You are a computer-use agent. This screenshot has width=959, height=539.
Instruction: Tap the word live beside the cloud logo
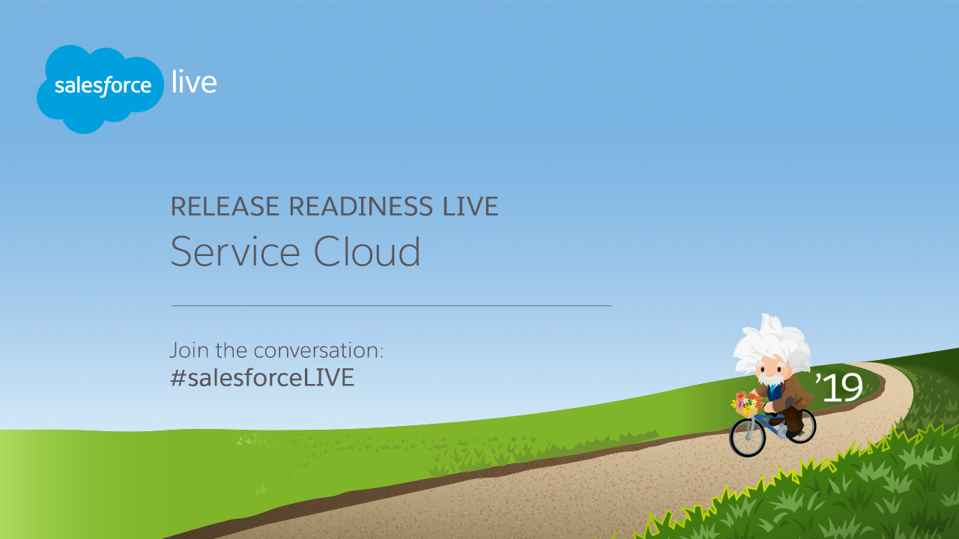coord(194,82)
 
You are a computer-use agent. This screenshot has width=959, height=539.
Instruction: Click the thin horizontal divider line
coord(392,306)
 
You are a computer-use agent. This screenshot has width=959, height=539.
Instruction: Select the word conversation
coord(318,350)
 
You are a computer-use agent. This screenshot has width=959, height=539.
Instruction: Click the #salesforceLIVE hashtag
coord(262,377)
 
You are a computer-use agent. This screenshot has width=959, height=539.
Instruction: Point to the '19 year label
coord(838,387)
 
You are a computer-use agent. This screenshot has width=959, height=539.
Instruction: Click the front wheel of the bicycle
coord(748,437)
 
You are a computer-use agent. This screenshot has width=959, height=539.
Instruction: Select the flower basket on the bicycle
coord(745,405)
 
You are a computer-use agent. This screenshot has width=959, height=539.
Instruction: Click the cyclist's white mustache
coord(771,379)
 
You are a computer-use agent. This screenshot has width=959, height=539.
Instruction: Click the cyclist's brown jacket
coord(791,393)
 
